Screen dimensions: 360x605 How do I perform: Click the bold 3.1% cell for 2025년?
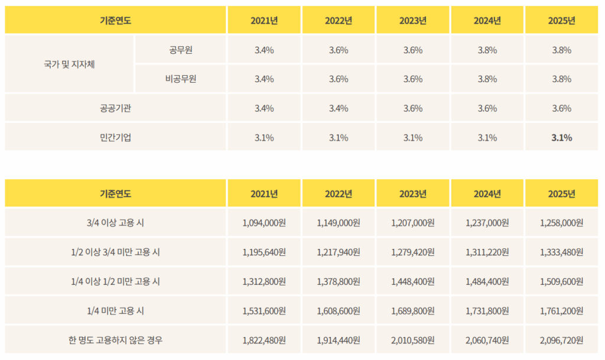coord(561,138)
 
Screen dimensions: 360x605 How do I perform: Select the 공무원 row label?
coord(181,50)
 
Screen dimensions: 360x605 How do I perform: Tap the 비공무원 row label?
coord(181,79)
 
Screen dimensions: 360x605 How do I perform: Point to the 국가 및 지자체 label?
coord(70,64)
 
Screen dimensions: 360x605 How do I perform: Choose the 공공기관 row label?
coord(115,108)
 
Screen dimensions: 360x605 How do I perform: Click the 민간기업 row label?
coord(115,138)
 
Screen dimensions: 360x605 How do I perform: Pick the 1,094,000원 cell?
coord(264,223)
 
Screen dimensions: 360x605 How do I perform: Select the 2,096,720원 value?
coord(561,340)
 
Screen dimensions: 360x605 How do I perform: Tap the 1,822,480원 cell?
coord(264,340)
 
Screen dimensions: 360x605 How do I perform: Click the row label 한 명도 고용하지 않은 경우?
coord(115,340)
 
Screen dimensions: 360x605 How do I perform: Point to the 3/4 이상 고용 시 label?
coord(115,223)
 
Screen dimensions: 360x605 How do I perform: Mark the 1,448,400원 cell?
coord(413,281)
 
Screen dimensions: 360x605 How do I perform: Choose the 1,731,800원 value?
coord(487,310)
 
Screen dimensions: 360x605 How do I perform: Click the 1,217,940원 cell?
coord(339,252)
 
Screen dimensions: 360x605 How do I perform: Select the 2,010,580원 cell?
coord(413,340)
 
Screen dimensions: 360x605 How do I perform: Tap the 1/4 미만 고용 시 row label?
coord(115,310)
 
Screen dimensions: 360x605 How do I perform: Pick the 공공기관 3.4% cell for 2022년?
coord(339,108)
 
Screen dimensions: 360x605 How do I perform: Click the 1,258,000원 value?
coord(561,223)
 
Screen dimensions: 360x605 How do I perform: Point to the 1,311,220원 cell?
coord(487,252)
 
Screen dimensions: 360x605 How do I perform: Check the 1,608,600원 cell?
coord(339,310)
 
